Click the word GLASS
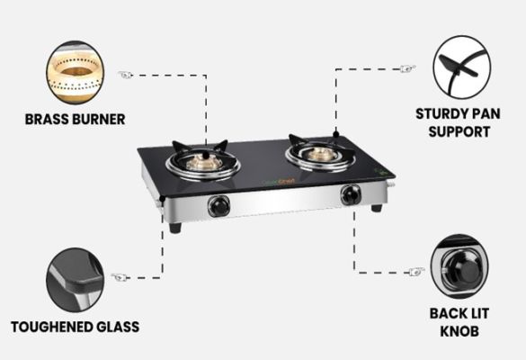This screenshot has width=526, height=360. point(118,327)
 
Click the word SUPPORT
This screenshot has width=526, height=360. point(459,131)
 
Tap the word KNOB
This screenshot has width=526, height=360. point(459,331)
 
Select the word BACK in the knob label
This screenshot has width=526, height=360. point(445,313)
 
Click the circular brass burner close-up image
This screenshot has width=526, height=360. point(76,72)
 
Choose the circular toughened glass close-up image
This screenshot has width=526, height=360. point(76,280)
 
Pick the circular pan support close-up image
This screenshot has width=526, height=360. point(462,67)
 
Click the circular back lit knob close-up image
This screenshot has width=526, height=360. point(459,266)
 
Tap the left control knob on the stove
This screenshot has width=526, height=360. point(219,205)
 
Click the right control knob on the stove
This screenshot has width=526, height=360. point(351,195)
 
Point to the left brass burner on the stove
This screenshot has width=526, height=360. point(204,162)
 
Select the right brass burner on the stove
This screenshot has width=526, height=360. point(319,154)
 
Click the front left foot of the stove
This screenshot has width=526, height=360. point(175,228)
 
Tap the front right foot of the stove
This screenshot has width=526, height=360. point(377,208)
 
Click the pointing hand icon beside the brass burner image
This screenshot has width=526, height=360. point(126,75)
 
